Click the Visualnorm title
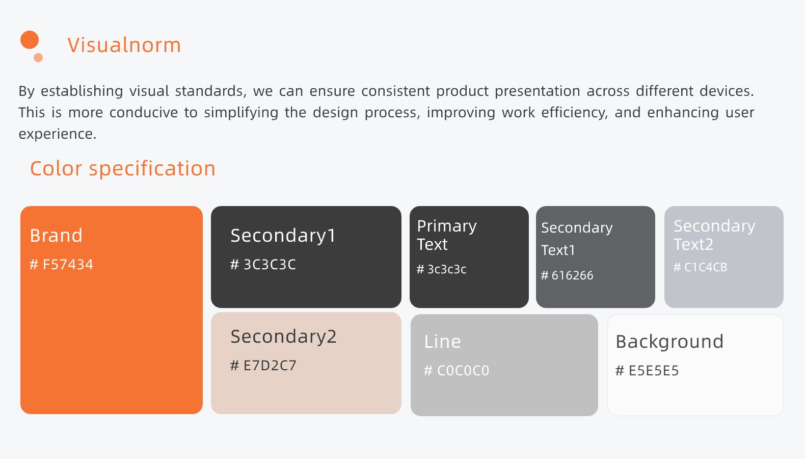(124, 45)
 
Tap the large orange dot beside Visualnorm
(30, 40)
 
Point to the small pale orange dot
(38, 58)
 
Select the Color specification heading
(123, 168)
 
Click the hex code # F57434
(61, 264)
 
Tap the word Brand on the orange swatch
(56, 235)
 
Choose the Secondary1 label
(283, 236)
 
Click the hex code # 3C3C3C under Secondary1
(263, 264)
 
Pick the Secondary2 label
(283, 337)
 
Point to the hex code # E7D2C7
(263, 366)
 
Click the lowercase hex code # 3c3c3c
(441, 269)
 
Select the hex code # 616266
(567, 275)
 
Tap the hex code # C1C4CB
(700, 267)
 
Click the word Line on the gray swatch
(442, 341)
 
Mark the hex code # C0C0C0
(457, 370)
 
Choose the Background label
(669, 342)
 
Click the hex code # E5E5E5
(647, 370)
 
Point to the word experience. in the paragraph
(58, 134)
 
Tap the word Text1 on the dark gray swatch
(558, 250)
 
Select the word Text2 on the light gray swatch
(693, 244)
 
